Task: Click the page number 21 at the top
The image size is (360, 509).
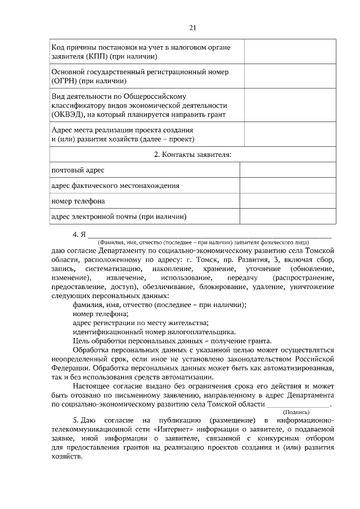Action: click(x=192, y=27)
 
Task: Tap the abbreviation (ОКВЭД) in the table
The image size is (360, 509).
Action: click(x=68, y=114)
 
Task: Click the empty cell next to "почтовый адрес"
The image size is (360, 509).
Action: click(x=287, y=170)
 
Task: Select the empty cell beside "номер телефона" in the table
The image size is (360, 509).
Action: click(x=287, y=201)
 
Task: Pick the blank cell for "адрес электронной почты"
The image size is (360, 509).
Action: click(x=287, y=217)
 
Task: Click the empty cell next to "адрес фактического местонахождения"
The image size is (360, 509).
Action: click(x=287, y=186)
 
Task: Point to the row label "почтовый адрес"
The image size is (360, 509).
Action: click(x=77, y=170)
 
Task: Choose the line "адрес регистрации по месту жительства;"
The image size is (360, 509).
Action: click(x=141, y=323)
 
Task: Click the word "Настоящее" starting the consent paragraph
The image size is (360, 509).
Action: click(x=92, y=386)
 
